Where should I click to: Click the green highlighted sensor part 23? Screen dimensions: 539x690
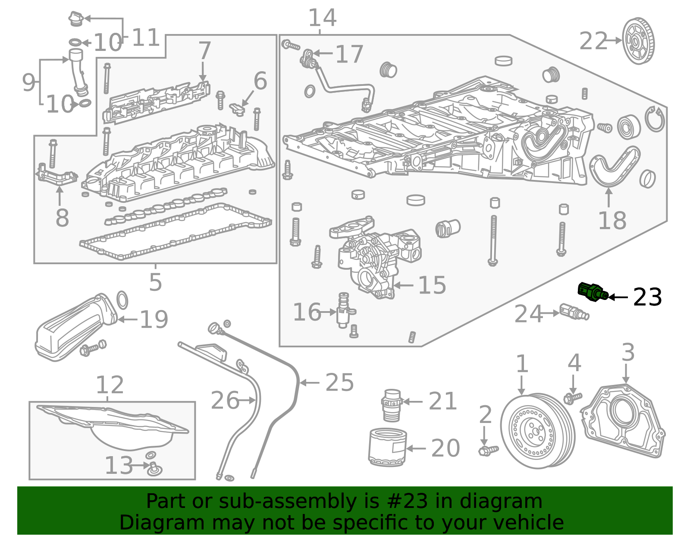(x=592, y=291)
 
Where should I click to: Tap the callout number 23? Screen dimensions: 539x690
(x=647, y=297)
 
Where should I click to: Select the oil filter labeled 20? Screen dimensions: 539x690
(x=387, y=447)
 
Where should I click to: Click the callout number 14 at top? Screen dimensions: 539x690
(x=322, y=18)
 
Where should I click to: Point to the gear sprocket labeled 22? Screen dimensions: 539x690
(x=638, y=41)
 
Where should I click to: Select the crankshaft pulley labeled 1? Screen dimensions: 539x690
(x=537, y=430)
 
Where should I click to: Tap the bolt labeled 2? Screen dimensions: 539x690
(x=488, y=451)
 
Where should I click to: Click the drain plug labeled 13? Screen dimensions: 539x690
(x=154, y=468)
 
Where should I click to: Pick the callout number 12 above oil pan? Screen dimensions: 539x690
(x=110, y=385)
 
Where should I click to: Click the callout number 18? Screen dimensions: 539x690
(x=612, y=221)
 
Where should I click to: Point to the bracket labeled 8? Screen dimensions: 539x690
(x=56, y=177)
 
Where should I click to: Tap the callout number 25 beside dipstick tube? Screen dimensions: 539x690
(x=339, y=382)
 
